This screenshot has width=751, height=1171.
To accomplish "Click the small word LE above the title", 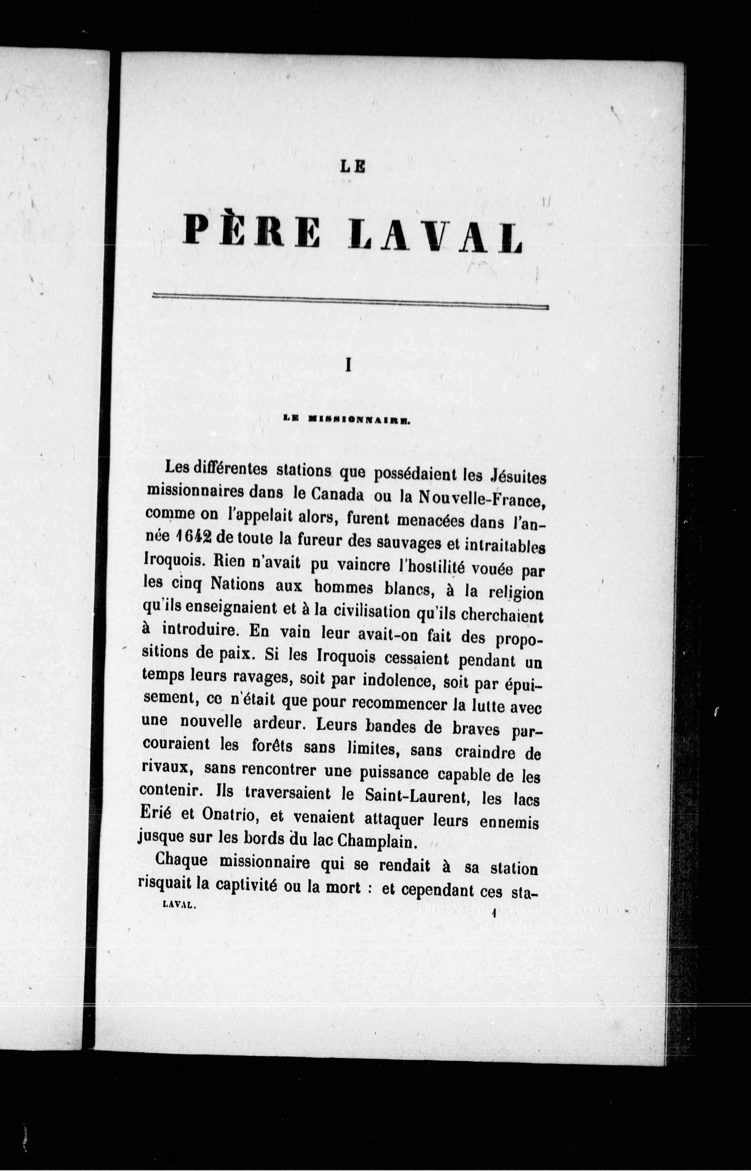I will pyautogui.click(x=352, y=167).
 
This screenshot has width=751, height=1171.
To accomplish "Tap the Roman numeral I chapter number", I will pyautogui.click(x=348, y=365).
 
